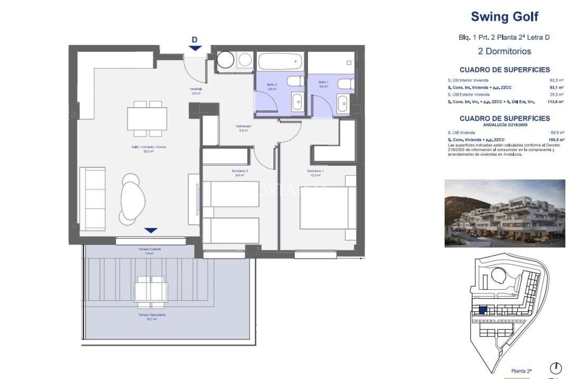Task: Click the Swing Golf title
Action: (x=504, y=17)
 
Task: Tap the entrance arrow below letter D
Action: (x=195, y=48)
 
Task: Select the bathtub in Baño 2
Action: (x=280, y=61)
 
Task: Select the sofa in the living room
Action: (x=92, y=199)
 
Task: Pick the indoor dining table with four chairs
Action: (x=147, y=119)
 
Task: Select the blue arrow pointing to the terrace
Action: (x=151, y=230)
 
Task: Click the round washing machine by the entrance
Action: (x=225, y=60)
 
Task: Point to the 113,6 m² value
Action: (x=555, y=102)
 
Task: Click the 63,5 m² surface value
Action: (x=556, y=80)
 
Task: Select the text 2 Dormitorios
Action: (x=504, y=51)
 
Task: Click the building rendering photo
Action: (x=504, y=213)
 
